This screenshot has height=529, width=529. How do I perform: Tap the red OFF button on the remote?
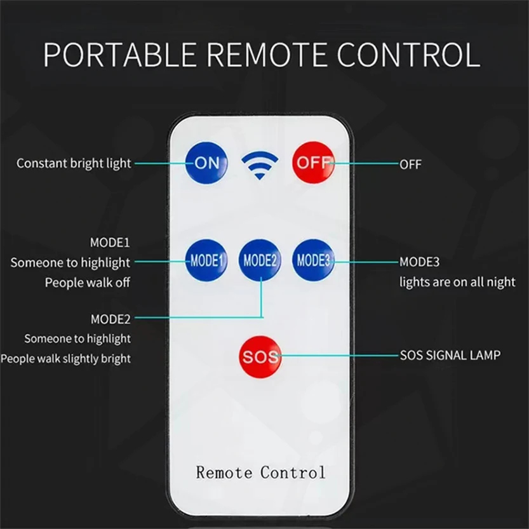(314, 163)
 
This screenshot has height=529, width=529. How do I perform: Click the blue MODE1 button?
(206, 260)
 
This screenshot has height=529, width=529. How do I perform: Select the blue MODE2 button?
(260, 260)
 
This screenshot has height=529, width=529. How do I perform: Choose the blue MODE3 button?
(314, 260)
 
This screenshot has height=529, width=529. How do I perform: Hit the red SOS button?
(260, 357)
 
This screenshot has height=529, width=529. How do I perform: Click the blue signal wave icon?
(260, 165)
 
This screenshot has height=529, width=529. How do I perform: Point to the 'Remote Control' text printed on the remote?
(261, 472)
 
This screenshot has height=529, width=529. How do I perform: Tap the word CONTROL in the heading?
(408, 55)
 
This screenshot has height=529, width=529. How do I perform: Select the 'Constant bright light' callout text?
(74, 164)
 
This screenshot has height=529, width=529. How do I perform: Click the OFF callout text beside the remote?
(410, 164)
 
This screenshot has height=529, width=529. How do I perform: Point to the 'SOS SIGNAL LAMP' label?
(450, 355)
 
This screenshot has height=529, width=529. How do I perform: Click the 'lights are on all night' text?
(457, 282)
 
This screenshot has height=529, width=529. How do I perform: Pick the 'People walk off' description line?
(88, 283)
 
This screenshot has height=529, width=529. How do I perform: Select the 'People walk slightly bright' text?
(65, 359)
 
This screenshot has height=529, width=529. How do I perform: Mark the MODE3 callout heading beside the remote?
(419, 262)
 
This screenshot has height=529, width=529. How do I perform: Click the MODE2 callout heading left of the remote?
(110, 319)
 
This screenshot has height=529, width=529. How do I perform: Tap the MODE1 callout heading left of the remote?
(110, 243)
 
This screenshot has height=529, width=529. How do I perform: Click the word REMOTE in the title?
(267, 55)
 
